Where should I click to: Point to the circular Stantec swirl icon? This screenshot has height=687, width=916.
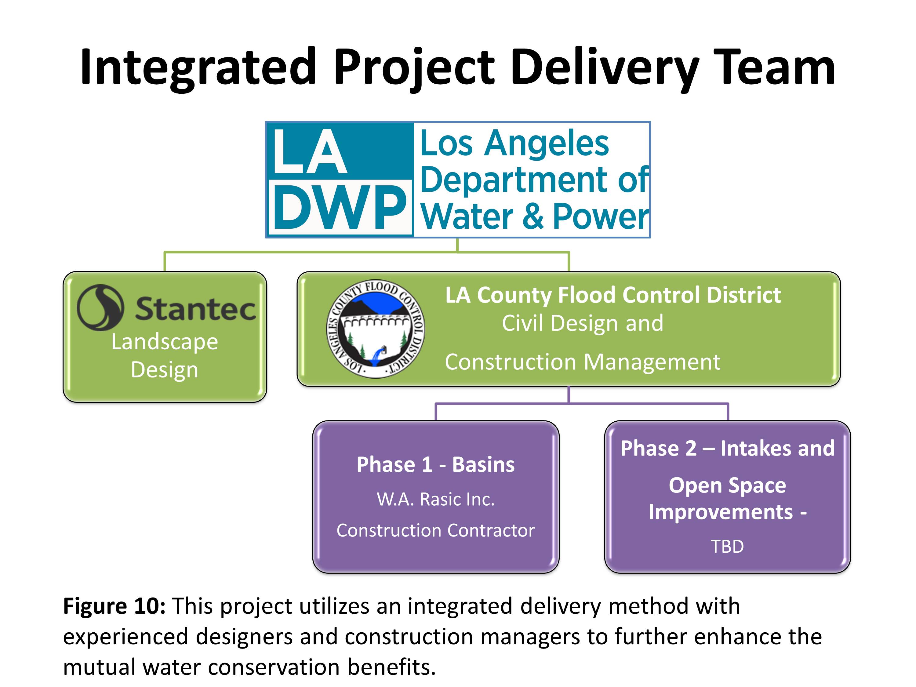(100, 307)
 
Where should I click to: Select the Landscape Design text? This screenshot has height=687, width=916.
(165, 356)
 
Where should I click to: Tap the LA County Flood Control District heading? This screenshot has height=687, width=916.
(613, 295)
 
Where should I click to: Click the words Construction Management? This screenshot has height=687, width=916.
(583, 362)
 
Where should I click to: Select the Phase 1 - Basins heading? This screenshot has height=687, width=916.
(436, 464)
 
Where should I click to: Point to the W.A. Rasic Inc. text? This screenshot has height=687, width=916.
(436, 499)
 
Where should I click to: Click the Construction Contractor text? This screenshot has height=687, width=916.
(436, 530)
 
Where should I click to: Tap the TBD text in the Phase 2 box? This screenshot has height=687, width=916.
(727, 546)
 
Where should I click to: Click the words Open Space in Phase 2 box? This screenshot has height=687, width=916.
(727, 486)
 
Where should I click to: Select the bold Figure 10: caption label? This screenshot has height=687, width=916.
(114, 606)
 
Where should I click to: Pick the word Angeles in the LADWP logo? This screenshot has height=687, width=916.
(547, 144)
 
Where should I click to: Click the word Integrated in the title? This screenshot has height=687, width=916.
(199, 69)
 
